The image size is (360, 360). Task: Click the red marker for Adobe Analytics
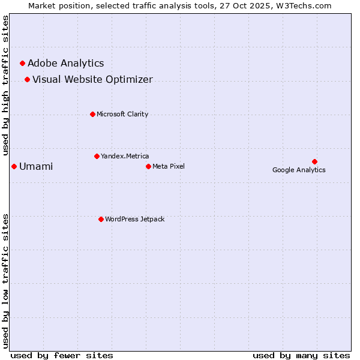tap(23, 63)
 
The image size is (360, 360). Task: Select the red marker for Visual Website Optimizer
tap(27, 79)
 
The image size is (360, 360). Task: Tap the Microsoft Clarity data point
tap(92, 114)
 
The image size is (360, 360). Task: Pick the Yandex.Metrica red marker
tap(97, 156)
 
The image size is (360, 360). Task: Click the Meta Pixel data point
tap(148, 166)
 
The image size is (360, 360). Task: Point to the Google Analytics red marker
tap(314, 161)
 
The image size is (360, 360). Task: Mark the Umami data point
tap(14, 166)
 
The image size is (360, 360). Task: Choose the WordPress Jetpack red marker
tap(101, 219)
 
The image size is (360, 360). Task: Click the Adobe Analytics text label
tap(65, 63)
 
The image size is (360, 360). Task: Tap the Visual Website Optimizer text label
tap(92, 79)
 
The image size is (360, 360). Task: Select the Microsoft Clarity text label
tap(122, 114)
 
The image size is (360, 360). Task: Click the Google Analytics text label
tap(299, 170)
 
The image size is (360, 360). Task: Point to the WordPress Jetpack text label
tap(134, 219)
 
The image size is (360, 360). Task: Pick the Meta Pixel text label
tap(169, 166)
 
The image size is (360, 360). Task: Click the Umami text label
tap(36, 166)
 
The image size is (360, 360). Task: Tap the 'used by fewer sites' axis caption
tap(62, 355)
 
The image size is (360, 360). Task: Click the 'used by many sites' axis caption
tap(301, 355)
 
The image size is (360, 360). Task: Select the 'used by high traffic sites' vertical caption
tap(6, 85)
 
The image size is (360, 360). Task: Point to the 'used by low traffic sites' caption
tap(6, 280)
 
